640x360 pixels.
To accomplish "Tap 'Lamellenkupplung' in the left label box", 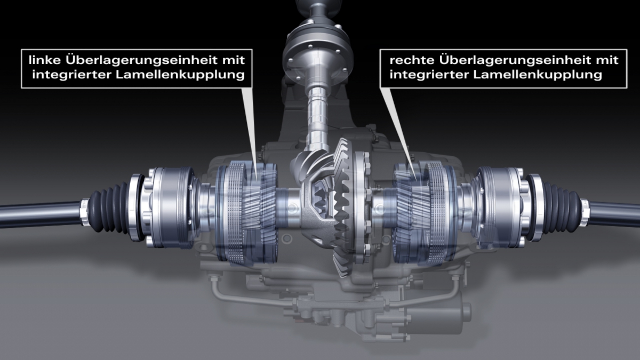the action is click(181, 75).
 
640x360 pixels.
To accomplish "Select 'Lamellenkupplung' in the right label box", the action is click(538, 75).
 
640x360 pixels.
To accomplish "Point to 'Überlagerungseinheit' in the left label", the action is click(141, 60).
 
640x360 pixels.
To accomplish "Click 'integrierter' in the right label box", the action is click(429, 75).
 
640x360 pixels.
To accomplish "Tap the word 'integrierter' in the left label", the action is click(72, 75).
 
